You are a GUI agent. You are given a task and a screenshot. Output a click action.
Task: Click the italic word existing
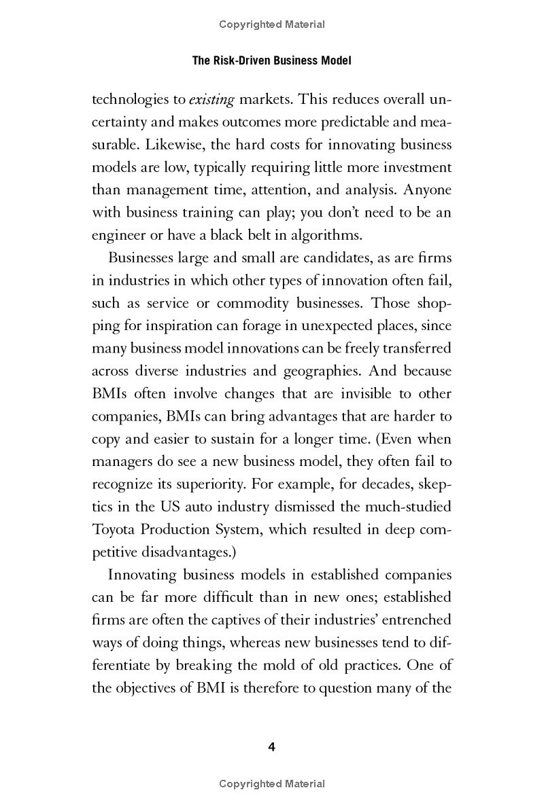[x=211, y=100]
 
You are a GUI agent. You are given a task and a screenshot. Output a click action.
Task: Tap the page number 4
[x=272, y=747]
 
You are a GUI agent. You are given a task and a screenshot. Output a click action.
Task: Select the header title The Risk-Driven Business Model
[x=272, y=60]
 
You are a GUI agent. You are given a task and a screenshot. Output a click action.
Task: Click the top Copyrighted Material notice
[x=272, y=24]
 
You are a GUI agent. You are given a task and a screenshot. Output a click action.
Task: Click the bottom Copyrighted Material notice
[x=272, y=784]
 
